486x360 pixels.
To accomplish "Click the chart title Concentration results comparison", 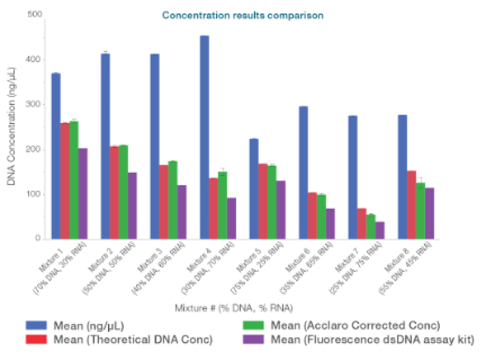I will coord(243,15).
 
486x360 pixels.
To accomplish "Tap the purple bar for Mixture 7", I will coord(380,230).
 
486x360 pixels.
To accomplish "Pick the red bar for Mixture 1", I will coord(65,180).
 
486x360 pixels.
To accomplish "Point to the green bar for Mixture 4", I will coord(222,205).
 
